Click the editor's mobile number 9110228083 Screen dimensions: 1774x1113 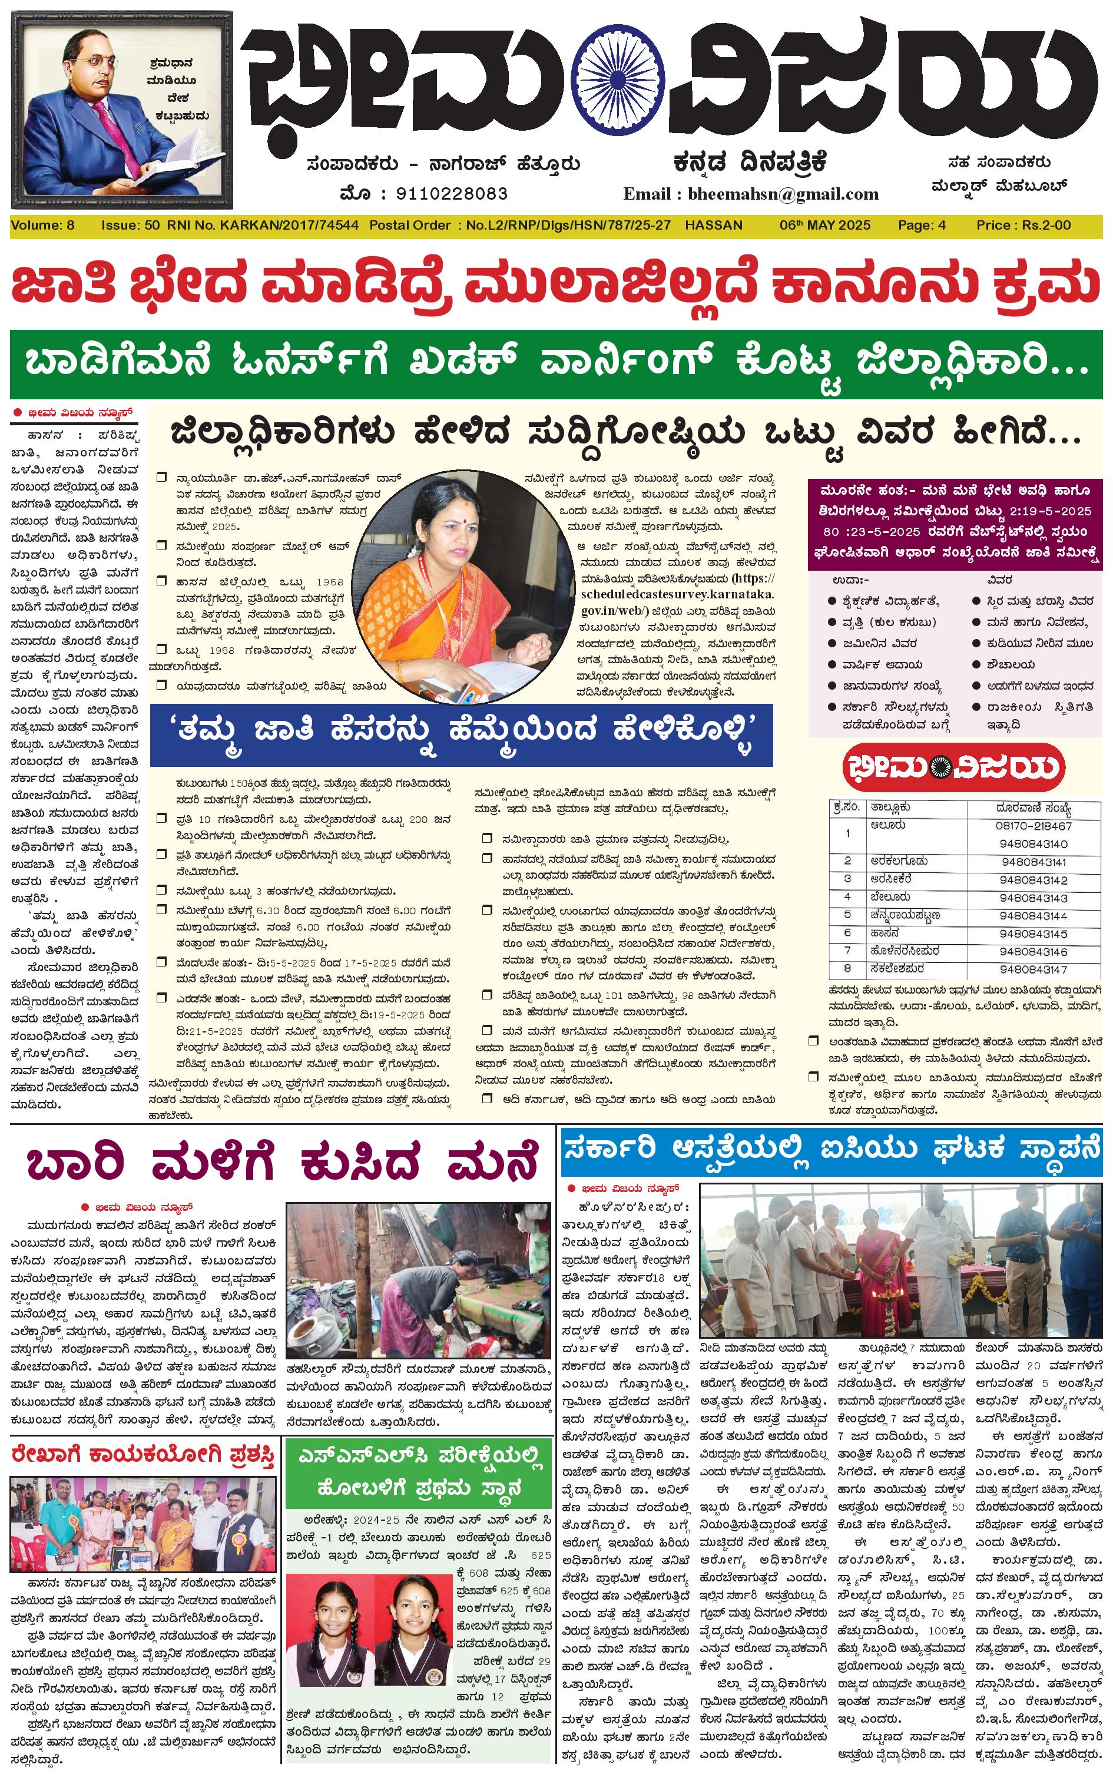point(451,194)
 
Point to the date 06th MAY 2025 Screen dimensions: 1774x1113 point(824,225)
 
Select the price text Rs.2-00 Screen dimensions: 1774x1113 point(1046,225)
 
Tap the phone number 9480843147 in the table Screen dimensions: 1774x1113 point(1033,969)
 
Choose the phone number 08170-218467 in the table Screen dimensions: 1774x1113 point(1033,826)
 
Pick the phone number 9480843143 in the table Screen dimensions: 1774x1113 point(1033,898)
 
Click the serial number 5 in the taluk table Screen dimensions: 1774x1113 point(847,914)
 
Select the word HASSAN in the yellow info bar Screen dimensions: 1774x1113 point(713,225)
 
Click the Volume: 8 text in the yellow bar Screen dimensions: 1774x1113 point(42,225)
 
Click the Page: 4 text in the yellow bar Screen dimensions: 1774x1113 point(922,225)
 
